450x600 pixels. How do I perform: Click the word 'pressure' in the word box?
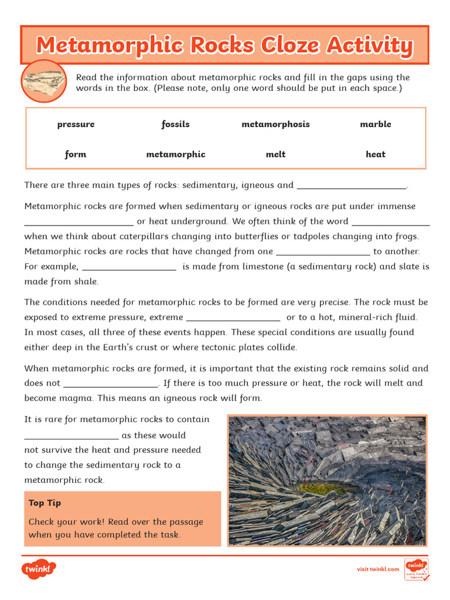76,124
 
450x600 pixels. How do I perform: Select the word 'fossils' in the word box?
176,124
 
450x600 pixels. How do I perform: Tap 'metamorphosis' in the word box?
275,124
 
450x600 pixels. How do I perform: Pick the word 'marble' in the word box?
376,124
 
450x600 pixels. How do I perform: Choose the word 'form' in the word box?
76,154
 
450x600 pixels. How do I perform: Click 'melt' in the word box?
275,154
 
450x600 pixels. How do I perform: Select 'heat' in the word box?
376,154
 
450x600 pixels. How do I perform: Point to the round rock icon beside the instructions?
43,81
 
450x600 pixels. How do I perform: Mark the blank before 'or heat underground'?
79,223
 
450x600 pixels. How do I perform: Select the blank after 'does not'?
110,385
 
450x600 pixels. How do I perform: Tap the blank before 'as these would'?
71,437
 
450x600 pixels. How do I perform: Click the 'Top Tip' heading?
45,503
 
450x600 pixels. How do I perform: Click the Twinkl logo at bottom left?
39,569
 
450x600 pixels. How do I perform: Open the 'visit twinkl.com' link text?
378,569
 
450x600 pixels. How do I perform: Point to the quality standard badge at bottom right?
417,569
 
